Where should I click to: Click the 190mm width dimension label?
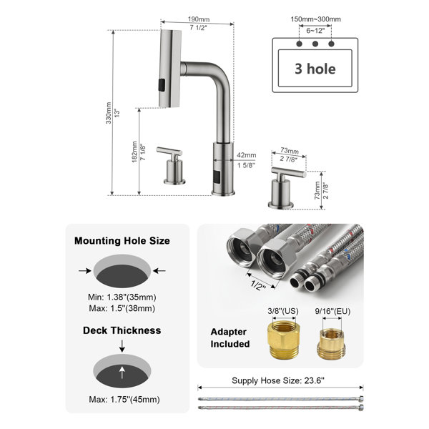[199, 19]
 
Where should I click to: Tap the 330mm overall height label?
[109, 113]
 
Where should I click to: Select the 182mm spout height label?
[134, 152]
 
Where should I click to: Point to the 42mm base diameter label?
[247, 155]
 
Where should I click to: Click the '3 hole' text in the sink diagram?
[315, 69]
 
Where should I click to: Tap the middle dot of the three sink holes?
[315, 44]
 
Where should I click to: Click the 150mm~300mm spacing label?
[315, 19]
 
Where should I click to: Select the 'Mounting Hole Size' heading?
[122, 241]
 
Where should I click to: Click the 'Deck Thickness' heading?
[122, 330]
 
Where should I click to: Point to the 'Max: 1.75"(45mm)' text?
[124, 399]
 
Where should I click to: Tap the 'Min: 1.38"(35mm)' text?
[122, 297]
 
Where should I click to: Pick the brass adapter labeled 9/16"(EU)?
[331, 344]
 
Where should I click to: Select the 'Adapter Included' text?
[230, 337]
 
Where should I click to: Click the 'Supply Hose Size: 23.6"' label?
[278, 380]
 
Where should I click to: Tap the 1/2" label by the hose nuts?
[258, 285]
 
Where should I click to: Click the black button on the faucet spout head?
[162, 85]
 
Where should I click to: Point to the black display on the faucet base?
[217, 177]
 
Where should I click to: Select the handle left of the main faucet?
[171, 166]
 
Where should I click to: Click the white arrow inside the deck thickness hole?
[122, 373]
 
